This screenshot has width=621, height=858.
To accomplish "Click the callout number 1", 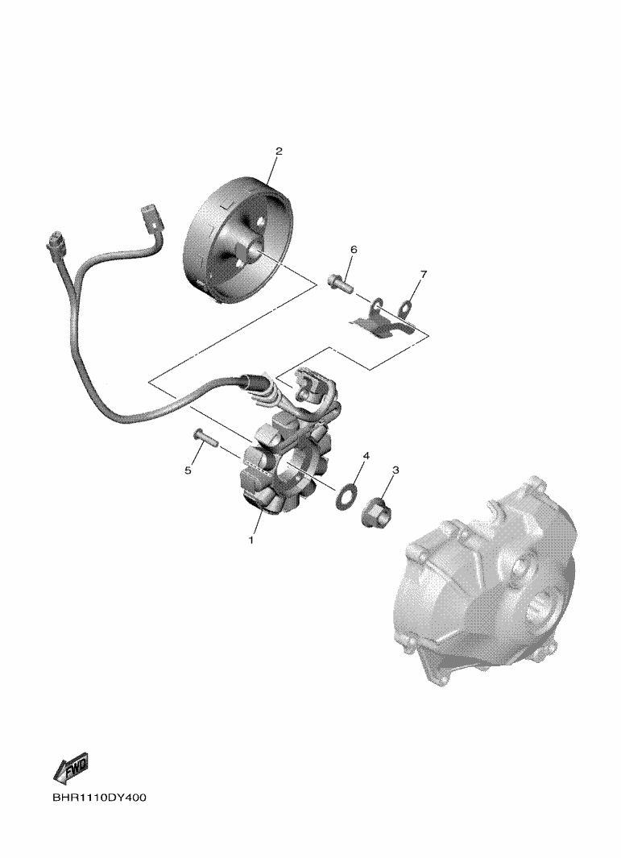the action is [x=251, y=541].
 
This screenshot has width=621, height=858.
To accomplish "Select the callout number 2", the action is [x=279, y=151].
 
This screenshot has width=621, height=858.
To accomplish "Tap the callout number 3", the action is [x=395, y=470].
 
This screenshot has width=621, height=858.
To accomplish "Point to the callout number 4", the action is [x=366, y=456].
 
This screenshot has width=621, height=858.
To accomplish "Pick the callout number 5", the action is [x=188, y=470].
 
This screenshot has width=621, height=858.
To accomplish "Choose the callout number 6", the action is [x=354, y=250].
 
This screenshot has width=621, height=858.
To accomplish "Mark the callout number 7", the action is [x=423, y=274].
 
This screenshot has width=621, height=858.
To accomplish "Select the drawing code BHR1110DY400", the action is [x=99, y=798].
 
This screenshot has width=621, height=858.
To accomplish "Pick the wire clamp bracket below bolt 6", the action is [x=382, y=323].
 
